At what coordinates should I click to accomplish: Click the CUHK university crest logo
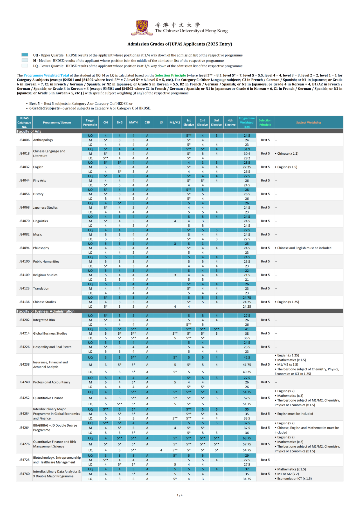pyautogui.click(x=142, y=27)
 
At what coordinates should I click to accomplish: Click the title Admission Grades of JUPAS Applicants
pyautogui.click(x=180, y=44)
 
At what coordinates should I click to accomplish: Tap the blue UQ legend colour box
pyautogui.click(x=25, y=55)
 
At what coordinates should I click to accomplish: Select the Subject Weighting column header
pyautogui.click(x=308, y=123)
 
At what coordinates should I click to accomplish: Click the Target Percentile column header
pyautogui.click(x=90, y=123)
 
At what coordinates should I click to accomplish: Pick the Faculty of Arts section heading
pyautogui.click(x=29, y=131)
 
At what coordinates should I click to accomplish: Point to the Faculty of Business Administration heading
pyautogui.click(x=46, y=311)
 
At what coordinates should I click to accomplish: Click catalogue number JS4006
pyautogui.click(x=24, y=140)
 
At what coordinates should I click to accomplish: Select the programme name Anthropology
pyautogui.click(x=43, y=140)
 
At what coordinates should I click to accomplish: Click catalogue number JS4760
pyautogui.click(x=24, y=474)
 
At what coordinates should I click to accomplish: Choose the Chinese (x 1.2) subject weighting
pyautogui.click(x=288, y=154)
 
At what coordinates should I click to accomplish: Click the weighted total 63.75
pyautogui.click(x=247, y=438)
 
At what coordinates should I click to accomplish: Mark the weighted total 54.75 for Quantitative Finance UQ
pyautogui.click(x=247, y=392)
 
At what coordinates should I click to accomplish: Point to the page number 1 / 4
pyautogui.click(x=180, y=495)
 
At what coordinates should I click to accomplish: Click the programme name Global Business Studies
pyautogui.click(x=50, y=333)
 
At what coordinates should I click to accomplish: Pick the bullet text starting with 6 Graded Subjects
pyautogui.click(x=90, y=108)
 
